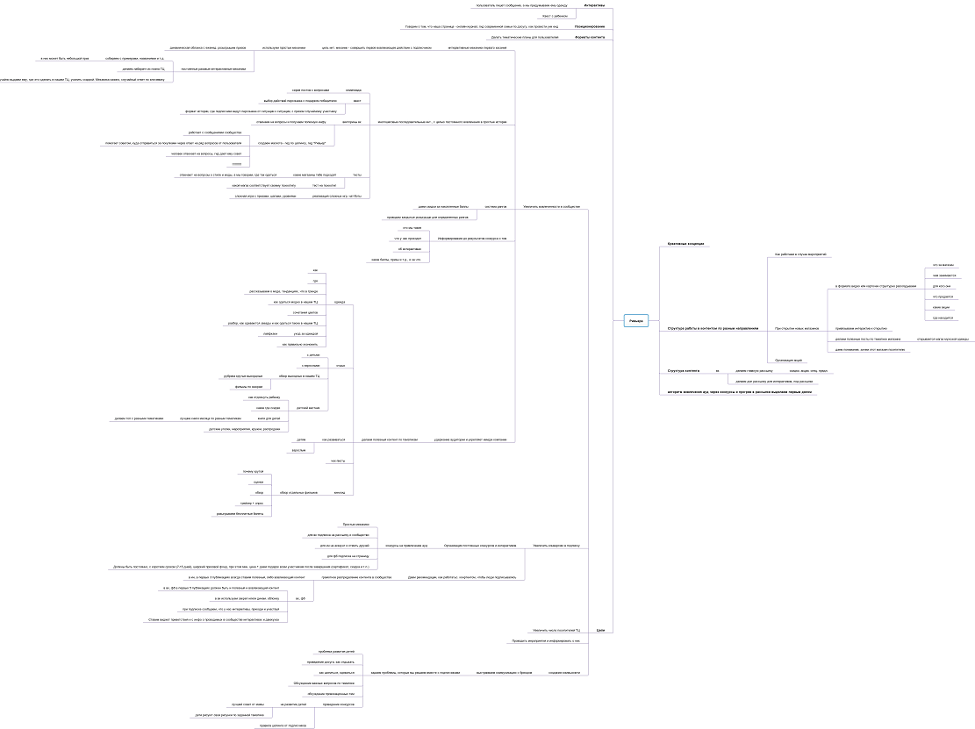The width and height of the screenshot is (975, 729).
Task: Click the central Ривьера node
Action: click(636, 321)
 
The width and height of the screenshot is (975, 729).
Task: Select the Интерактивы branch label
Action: click(594, 5)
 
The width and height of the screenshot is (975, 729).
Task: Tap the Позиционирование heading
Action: click(589, 26)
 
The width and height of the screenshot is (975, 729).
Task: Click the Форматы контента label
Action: click(590, 38)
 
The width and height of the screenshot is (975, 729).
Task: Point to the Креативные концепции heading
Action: click(686, 243)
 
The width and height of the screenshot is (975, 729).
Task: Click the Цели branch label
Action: click(600, 631)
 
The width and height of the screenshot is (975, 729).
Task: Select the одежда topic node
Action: click(340, 302)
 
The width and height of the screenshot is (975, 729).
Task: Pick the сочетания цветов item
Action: click(305, 312)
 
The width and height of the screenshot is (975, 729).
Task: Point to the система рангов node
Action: click(496, 207)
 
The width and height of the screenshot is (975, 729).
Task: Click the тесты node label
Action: click(356, 175)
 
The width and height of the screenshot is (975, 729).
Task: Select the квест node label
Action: click(356, 101)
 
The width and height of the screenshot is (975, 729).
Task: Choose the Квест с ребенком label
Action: click(555, 16)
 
